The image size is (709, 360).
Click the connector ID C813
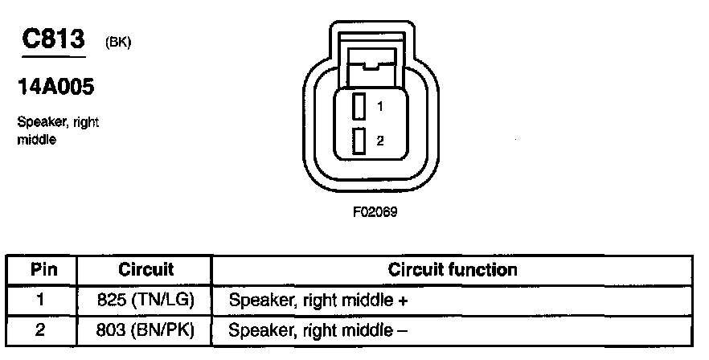pos(54,39)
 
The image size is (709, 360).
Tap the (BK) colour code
pos(117,43)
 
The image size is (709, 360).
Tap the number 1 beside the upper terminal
pos(379,106)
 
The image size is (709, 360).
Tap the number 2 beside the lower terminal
pos(379,141)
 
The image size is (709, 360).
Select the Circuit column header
pos(146,269)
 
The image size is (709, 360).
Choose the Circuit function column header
pos(453,269)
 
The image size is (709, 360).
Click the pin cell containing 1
pos(42,301)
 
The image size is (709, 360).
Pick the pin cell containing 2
pos(42,329)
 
